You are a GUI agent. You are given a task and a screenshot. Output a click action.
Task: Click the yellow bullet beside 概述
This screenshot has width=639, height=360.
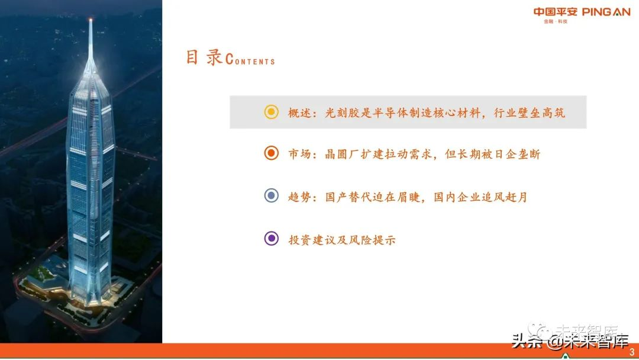click(271, 112)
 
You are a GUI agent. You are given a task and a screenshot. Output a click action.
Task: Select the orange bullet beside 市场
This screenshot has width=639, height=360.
click(271, 154)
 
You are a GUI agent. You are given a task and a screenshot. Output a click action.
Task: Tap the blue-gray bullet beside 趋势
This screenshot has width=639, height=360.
click(271, 196)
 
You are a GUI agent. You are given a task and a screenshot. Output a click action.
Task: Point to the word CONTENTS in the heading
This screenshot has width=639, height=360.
click(251, 60)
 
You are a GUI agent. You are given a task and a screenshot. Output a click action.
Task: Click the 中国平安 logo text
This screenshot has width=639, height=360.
click(556, 12)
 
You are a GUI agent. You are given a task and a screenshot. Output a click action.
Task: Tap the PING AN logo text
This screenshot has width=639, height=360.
click(606, 12)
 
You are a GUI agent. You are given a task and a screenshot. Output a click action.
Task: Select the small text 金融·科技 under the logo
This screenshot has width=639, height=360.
click(556, 22)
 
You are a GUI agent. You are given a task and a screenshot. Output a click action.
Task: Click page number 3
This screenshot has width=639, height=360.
click(631, 352)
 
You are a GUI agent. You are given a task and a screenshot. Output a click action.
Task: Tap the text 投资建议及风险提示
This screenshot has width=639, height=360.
click(342, 240)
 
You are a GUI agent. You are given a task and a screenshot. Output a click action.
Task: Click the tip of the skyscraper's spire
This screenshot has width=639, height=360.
click(91, 21)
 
